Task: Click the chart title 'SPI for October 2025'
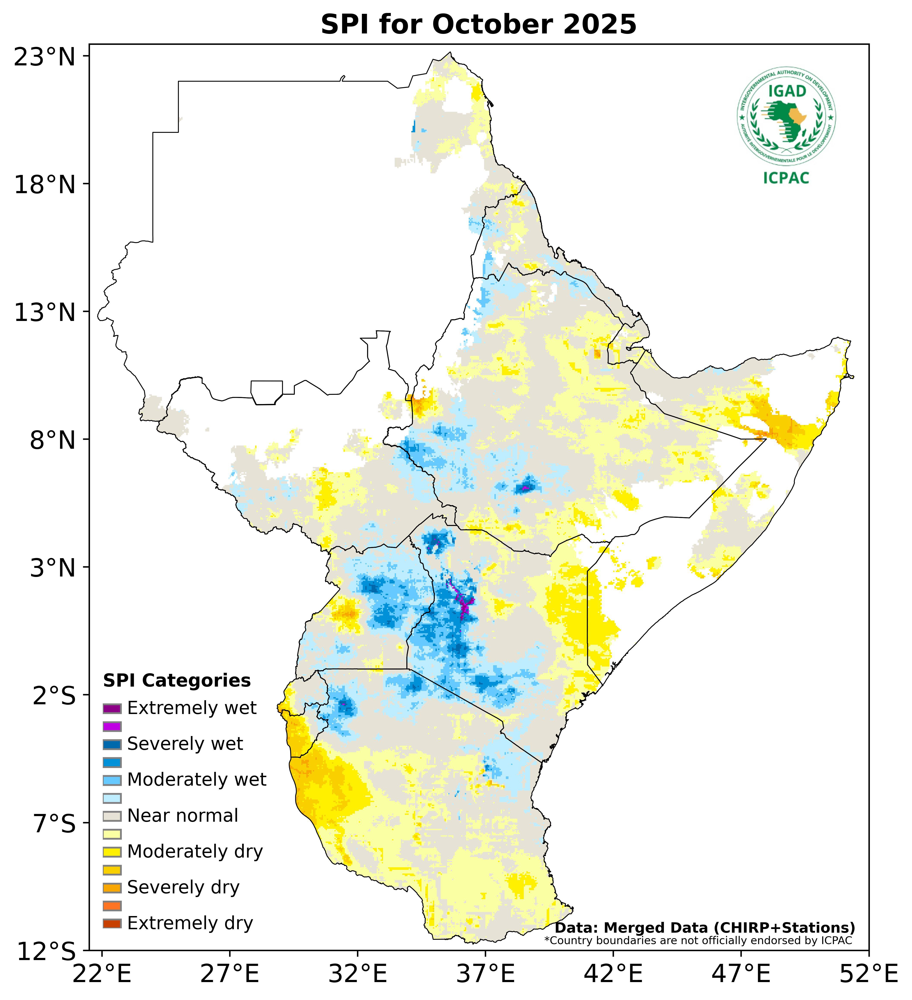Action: [478, 25]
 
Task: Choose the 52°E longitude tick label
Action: [868, 975]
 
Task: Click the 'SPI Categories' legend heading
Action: [177, 681]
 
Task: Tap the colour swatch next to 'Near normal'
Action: [112, 816]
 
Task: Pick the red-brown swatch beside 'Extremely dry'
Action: [112, 924]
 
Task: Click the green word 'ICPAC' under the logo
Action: [786, 178]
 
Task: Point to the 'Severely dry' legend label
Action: [183, 887]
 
